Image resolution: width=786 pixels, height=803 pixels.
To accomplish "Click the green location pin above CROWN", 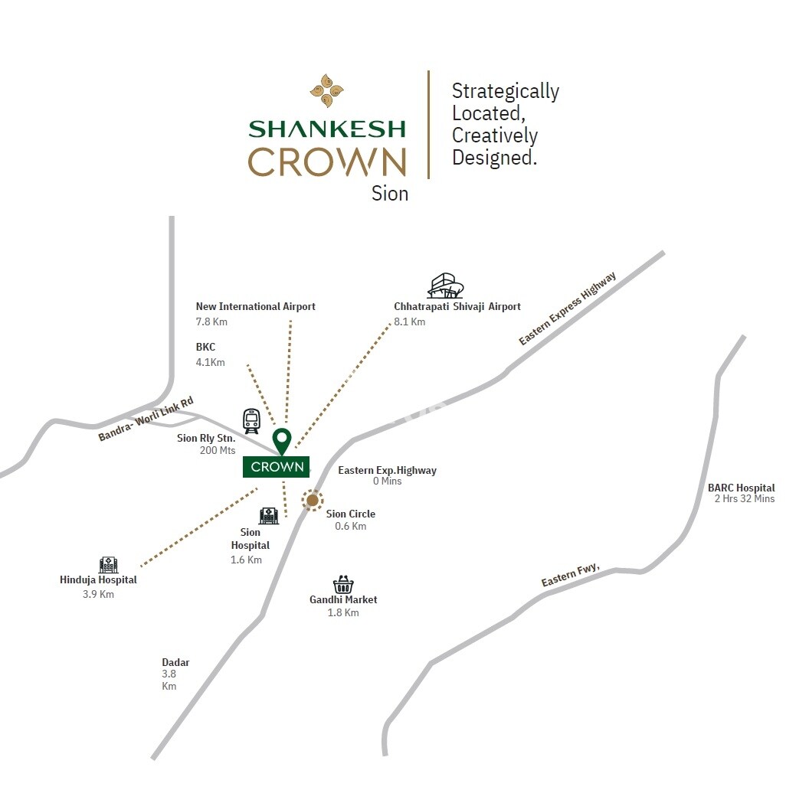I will point(283,440).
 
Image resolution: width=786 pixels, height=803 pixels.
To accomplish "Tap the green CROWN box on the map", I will point(277,466).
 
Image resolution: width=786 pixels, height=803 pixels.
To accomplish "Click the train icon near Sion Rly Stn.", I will point(251,420).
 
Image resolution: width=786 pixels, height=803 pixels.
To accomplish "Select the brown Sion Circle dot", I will point(313,501).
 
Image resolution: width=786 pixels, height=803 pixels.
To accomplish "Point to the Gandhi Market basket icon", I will point(343,584).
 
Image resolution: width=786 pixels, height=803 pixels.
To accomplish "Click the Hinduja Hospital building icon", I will point(108,565).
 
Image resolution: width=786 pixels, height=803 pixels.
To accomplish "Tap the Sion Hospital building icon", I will point(268,515).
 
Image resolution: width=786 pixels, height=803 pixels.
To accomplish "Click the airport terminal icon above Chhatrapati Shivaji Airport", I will point(445,286).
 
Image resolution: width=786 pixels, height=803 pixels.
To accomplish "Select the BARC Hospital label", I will point(741,488).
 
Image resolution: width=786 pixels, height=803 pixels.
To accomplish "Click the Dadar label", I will point(175,662).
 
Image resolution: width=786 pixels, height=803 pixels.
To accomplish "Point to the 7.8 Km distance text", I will point(211,322).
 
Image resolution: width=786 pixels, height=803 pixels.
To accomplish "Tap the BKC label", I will point(205,347).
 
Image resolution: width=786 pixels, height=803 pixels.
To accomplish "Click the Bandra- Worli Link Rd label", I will point(146,419).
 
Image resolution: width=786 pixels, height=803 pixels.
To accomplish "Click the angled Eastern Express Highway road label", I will point(568,308).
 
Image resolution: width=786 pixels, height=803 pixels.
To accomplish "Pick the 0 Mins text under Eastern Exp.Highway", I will point(387,481).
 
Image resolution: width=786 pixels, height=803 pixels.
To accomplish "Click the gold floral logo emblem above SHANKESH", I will point(326,90).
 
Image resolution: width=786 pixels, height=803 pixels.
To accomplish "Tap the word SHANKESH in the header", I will point(327,129).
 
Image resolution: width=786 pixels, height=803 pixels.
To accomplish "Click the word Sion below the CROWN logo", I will point(390,194).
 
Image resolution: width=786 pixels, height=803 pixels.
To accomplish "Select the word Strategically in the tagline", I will point(505,91).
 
